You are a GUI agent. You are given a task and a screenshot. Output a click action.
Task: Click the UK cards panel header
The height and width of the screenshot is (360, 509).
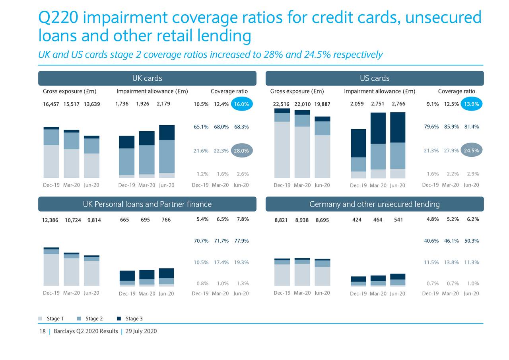(x=147, y=78)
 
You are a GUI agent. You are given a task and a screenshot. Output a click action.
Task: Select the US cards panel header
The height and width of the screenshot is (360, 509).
(x=374, y=78)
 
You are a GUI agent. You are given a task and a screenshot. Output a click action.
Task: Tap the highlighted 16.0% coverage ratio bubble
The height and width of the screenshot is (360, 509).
(x=241, y=104)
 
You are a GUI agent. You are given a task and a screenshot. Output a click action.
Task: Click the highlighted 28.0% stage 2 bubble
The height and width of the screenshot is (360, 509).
(x=241, y=151)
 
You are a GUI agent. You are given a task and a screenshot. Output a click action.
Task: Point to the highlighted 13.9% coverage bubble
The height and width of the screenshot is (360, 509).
(x=471, y=104)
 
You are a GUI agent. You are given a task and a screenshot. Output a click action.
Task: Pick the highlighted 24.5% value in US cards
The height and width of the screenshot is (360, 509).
(x=471, y=150)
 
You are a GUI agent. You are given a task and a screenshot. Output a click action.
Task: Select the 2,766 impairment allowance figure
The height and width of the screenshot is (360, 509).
(x=398, y=104)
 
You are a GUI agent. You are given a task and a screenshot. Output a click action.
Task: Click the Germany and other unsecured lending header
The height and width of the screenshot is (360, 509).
(x=374, y=204)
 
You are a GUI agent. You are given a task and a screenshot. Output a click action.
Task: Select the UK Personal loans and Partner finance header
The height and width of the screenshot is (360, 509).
(x=147, y=204)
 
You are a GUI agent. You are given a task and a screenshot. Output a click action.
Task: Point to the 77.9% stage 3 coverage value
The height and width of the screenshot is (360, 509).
(x=241, y=241)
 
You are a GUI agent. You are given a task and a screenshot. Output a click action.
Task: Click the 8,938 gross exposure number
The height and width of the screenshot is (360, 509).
(x=302, y=220)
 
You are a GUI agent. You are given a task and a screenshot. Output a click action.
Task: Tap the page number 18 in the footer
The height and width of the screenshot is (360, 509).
(x=42, y=331)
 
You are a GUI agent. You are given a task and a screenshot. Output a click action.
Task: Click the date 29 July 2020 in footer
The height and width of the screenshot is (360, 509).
(x=141, y=331)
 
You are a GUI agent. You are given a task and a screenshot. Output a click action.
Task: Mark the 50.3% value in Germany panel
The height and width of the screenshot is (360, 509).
(x=471, y=241)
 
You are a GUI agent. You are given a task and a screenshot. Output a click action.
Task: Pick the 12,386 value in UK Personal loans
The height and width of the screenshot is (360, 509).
(x=50, y=220)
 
